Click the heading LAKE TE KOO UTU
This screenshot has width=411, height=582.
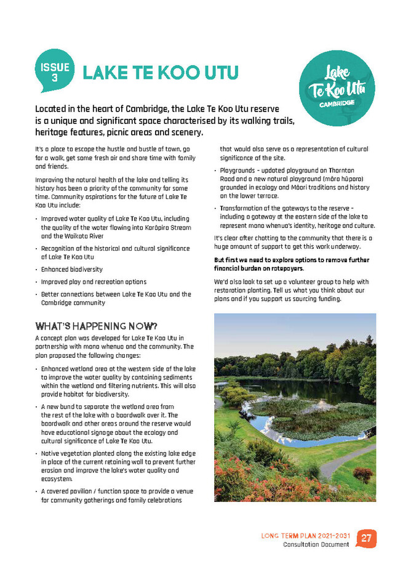pyautogui.click(x=160, y=73)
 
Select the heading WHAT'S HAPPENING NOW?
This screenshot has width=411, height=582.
pyautogui.click(x=96, y=325)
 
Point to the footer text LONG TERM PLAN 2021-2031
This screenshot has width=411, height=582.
pyautogui.click(x=305, y=536)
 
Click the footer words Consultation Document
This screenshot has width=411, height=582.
pyautogui.click(x=316, y=546)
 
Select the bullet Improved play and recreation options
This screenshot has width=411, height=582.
pyautogui.click(x=93, y=281)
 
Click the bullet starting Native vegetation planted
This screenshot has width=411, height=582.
pyautogui.click(x=116, y=466)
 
